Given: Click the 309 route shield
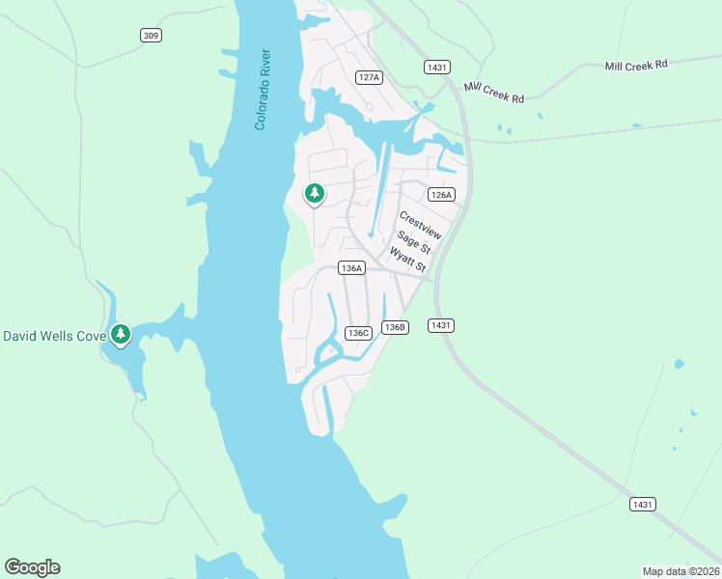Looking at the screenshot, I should point(150,36).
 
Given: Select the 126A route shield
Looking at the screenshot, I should point(441,194).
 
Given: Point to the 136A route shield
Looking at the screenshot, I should point(351,268).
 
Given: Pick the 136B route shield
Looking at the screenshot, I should point(394,327).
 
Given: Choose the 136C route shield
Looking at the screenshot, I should point(358,333).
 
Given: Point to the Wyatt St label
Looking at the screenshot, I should point(407,259).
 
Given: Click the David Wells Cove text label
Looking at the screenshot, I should point(53,336).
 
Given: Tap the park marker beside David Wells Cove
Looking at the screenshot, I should point(120,335).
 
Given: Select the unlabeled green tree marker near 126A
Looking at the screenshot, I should point(314,194).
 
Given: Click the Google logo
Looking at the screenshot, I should point(32,567).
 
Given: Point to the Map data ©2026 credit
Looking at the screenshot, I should point(681,570).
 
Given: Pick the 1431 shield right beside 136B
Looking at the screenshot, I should point(440,325).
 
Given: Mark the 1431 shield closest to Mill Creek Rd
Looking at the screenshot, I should point(435,67).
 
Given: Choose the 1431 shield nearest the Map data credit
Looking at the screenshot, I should point(643,505).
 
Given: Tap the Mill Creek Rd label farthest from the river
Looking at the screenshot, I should point(636,66).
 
